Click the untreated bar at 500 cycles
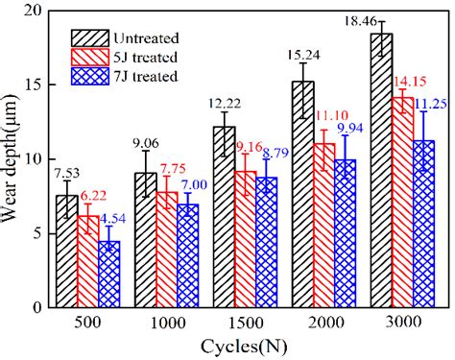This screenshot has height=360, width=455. pos(66,252)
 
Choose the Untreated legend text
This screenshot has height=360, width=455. pos(144,37)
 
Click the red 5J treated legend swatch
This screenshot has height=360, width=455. pos(90,58)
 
